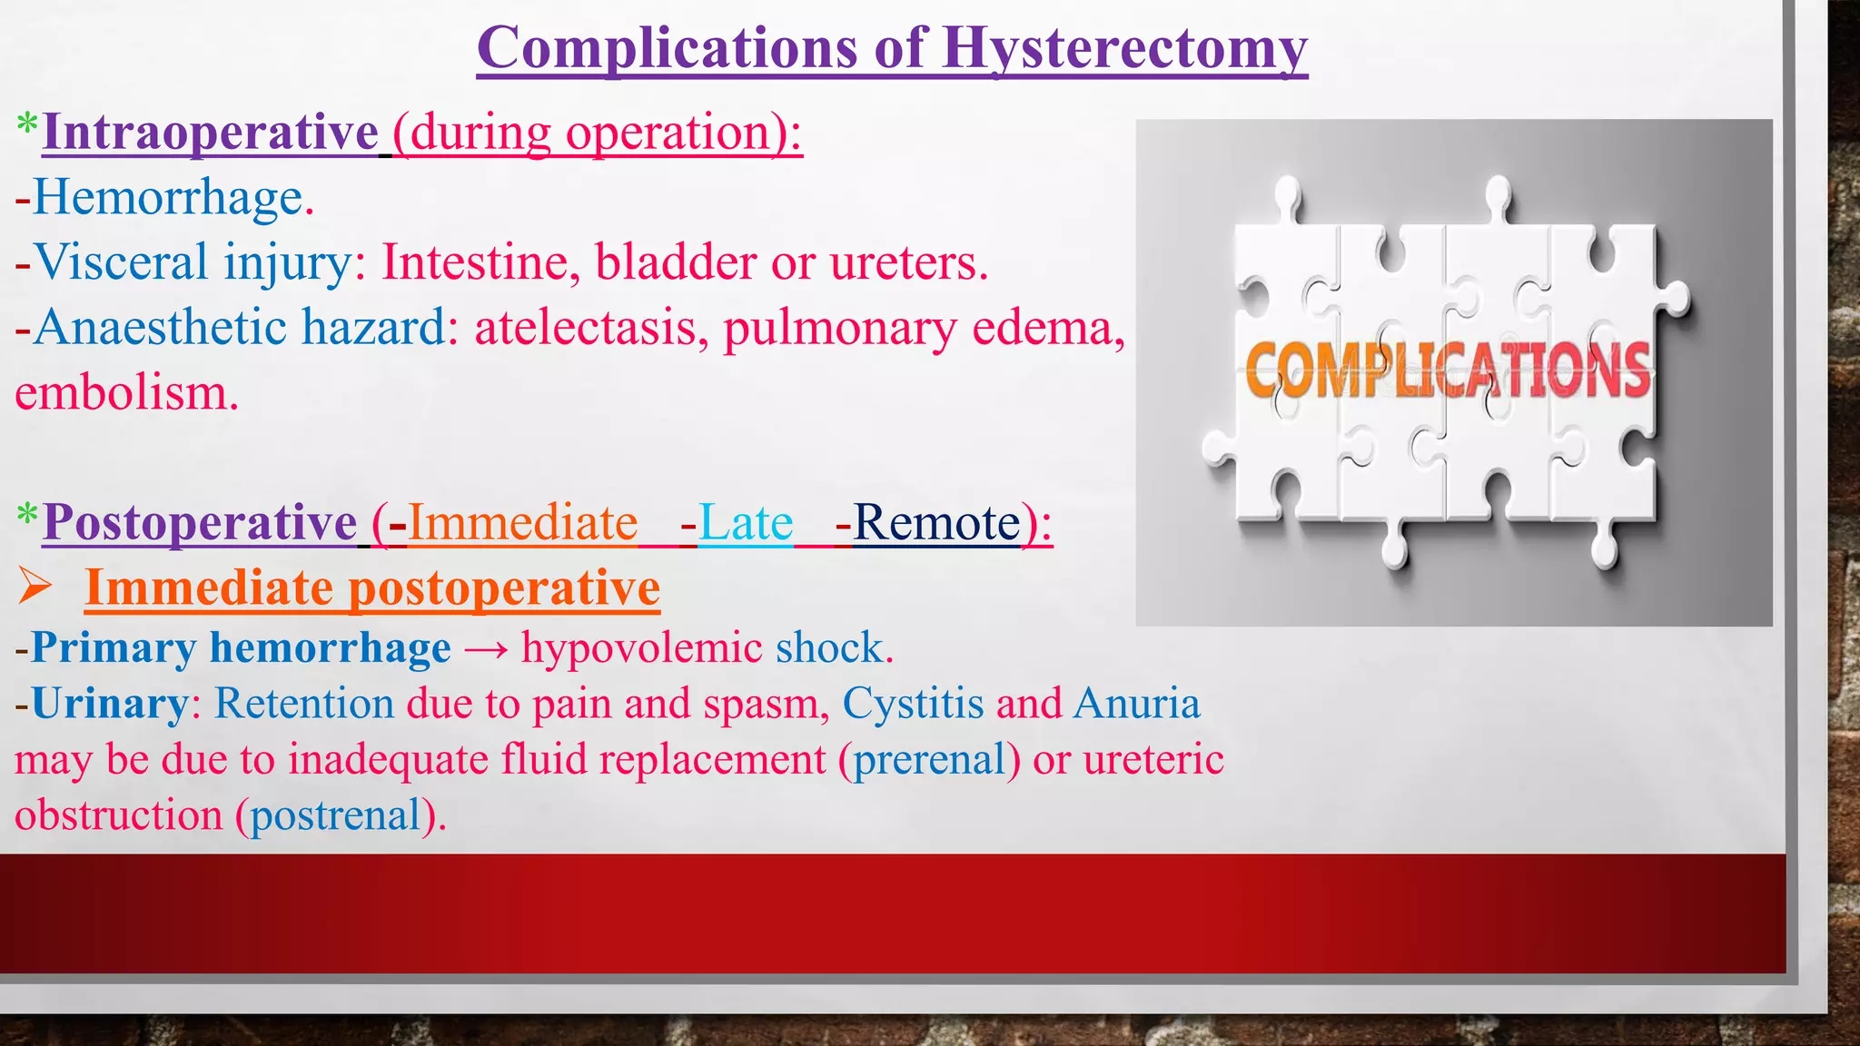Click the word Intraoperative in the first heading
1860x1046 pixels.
[210, 133]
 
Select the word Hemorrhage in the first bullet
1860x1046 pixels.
[168, 198]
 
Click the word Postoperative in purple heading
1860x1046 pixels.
[200, 523]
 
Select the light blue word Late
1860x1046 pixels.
[746, 524]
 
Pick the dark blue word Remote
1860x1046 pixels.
[935, 524]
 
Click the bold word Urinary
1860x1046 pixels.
[110, 704]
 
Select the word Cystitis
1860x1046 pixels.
[913, 704]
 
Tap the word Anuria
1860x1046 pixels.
[1136, 704]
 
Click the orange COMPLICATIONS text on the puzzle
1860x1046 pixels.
[1447, 370]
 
